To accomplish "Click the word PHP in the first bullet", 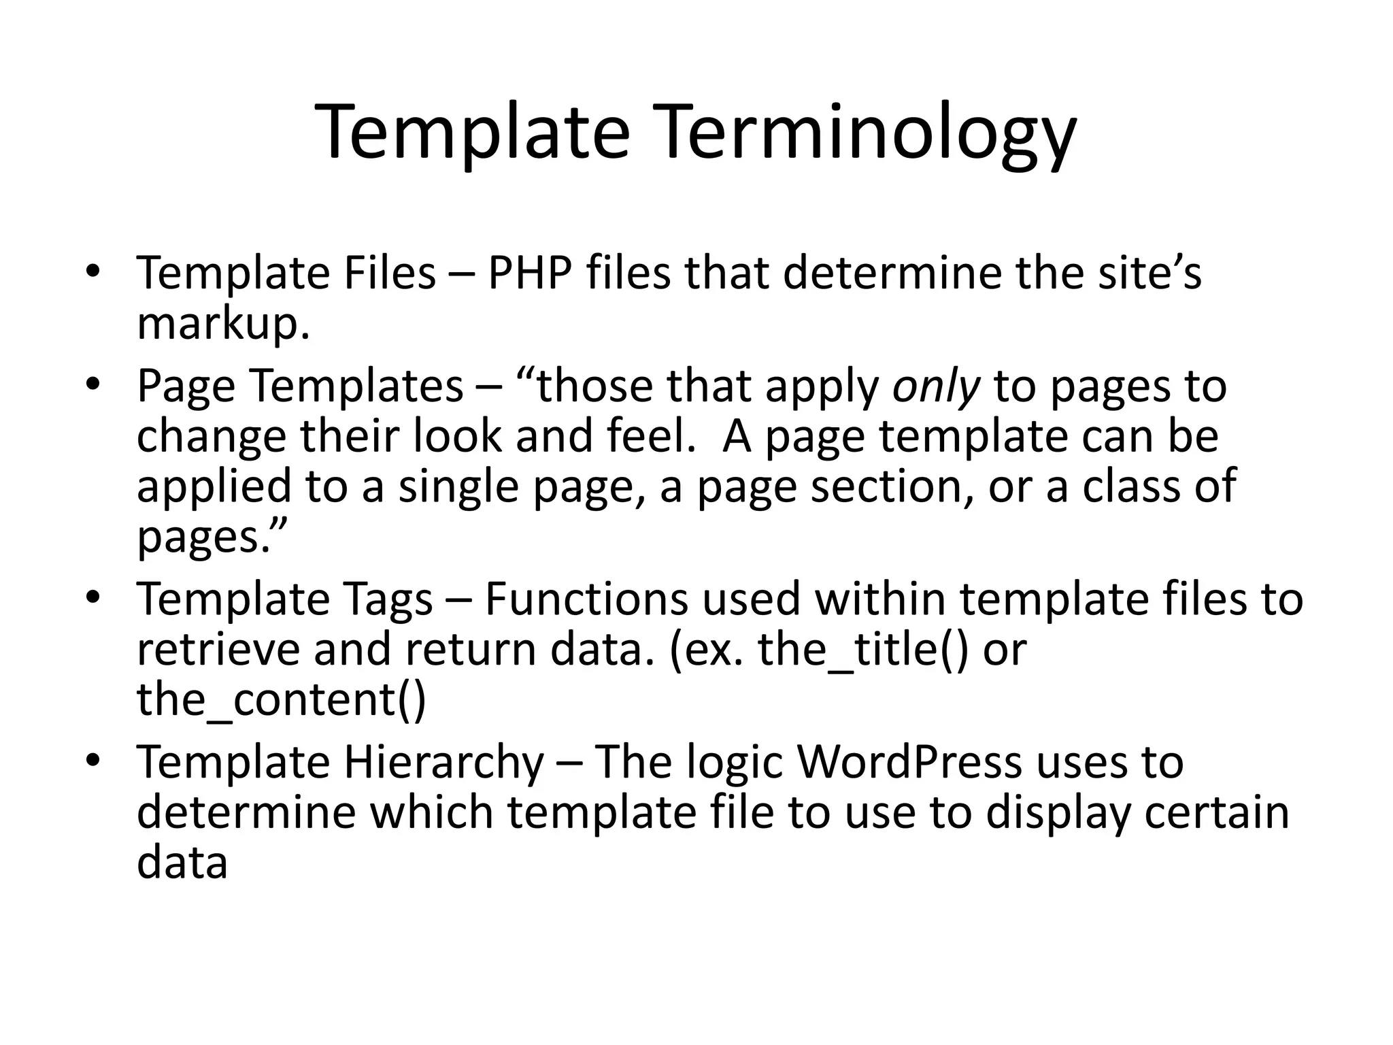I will (x=528, y=273).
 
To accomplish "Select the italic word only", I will (x=936, y=386).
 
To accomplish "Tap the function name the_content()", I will (x=281, y=701).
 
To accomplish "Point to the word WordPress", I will (x=909, y=762).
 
